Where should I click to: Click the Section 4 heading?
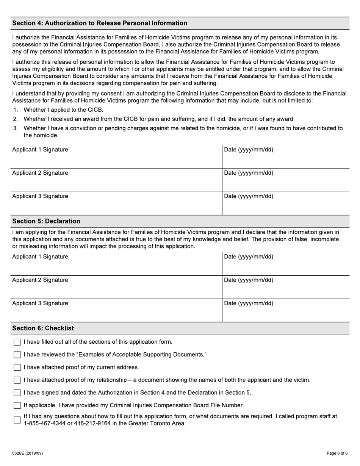[100, 23]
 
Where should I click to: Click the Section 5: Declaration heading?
[46, 221]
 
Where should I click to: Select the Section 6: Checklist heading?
[43, 328]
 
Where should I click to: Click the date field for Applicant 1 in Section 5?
[285, 264]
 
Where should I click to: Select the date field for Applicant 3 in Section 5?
[285, 311]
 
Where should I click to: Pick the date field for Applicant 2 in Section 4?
[285, 180]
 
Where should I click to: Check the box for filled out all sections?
[17, 342]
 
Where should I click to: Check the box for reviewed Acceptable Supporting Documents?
[17, 355]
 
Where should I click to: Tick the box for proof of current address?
[17, 367]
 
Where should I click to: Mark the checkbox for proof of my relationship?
[17, 380]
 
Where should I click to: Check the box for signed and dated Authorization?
[17, 393]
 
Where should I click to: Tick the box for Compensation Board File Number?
[17, 405]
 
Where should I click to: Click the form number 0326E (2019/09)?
[27, 453]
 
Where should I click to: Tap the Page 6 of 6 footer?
[337, 453]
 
